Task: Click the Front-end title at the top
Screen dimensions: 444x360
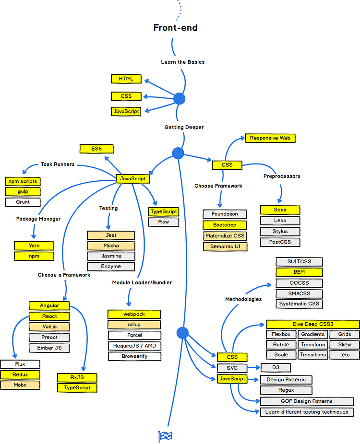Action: coord(175,28)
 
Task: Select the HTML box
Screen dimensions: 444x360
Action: coord(126,79)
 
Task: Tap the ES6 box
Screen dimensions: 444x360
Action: coord(96,149)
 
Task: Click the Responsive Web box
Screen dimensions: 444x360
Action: coord(270,138)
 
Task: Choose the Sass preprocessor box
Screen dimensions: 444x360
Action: coord(280,210)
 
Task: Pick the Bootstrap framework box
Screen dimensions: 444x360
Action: coord(225,225)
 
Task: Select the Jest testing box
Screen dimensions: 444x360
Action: coord(111,235)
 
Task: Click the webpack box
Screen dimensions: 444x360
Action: coord(134,314)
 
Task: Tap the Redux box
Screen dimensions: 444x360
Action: coord(20,374)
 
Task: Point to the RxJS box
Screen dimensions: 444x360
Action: coord(77,377)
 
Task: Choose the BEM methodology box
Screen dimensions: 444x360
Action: coord(299,272)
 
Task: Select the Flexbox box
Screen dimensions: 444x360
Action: coord(281,334)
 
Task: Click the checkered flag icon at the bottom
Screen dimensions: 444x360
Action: coord(165,436)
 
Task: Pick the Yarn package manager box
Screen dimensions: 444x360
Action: coord(34,245)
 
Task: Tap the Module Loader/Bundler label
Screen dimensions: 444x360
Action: coord(142,282)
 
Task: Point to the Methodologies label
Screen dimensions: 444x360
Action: coord(243,299)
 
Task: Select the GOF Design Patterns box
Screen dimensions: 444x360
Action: coord(307,401)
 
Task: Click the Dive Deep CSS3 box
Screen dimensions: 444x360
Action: coord(312,324)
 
